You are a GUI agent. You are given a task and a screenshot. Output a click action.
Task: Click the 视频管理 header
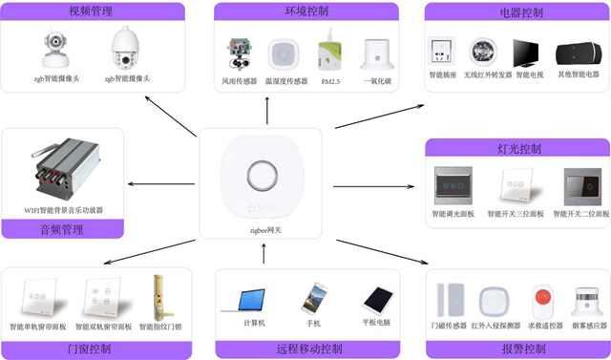(92, 12)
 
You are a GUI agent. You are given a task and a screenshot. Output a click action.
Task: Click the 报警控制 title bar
(519, 348)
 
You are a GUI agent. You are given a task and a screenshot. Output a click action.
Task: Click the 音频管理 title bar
(63, 229)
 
